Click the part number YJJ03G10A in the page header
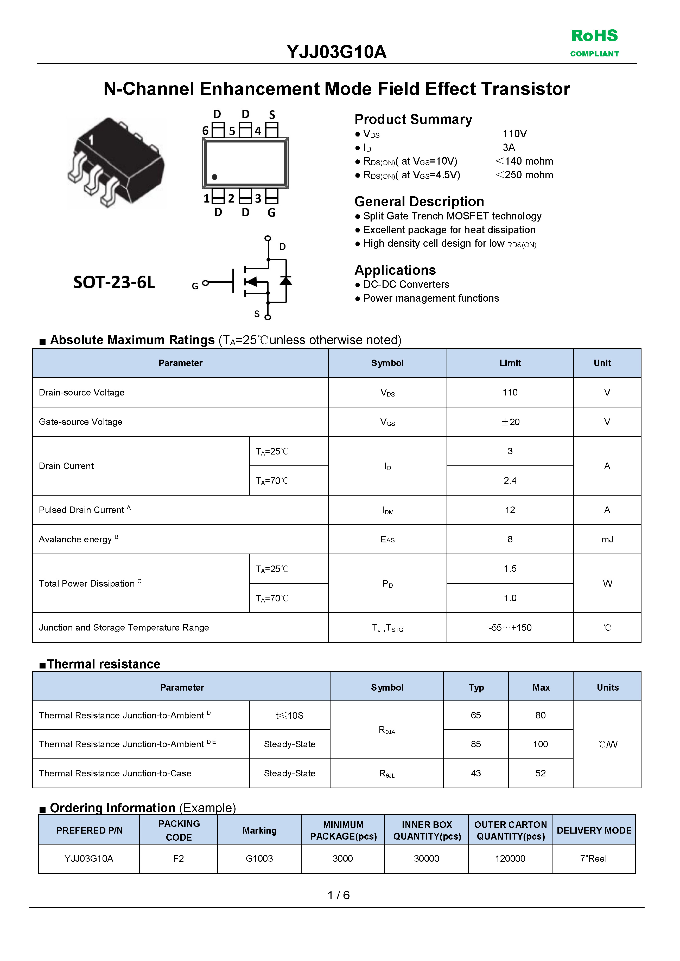coord(336,52)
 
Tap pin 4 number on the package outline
coord(258,131)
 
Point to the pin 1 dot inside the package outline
coord(214,177)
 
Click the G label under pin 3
coord(271,213)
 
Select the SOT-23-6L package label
coord(114,283)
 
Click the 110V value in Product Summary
coord(514,134)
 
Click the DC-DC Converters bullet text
coord(406,285)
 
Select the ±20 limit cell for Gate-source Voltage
coord(510,422)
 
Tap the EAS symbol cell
coord(387,540)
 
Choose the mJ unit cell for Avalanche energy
coord(607,540)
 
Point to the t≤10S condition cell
coord(289,715)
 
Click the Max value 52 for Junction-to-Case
coord(541,774)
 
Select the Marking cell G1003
coord(259,859)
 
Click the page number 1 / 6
coord(339,895)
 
